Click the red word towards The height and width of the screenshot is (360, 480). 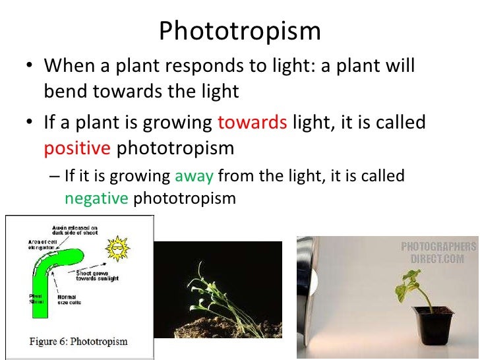click(252, 122)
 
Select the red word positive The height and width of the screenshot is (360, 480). click(77, 148)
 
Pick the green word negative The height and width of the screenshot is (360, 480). click(96, 198)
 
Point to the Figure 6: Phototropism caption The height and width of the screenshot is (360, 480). click(79, 342)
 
